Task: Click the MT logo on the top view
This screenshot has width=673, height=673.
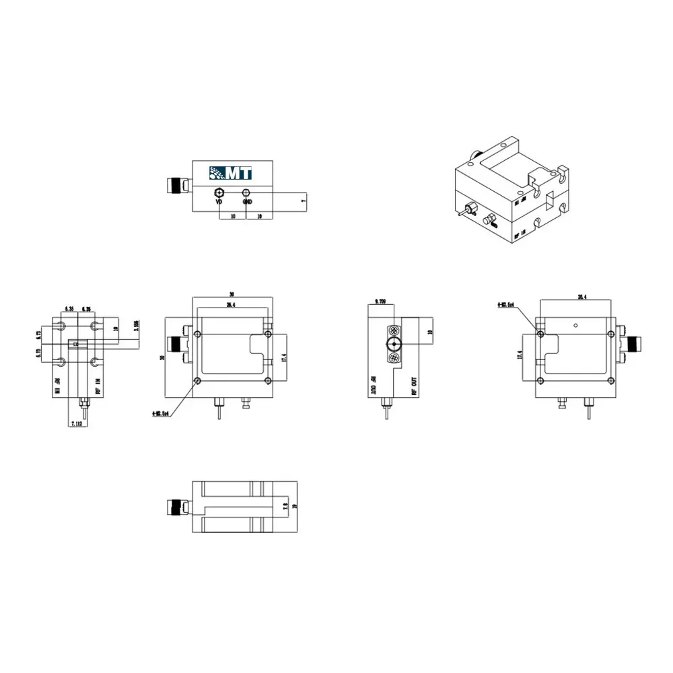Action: pos(230,172)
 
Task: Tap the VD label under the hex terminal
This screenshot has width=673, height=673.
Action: pos(219,202)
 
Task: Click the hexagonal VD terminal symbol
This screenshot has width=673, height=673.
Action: pos(219,192)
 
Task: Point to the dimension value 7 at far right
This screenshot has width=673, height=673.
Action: pos(304,201)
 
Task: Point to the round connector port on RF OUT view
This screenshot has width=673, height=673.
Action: pos(392,345)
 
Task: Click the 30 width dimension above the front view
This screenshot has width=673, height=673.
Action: pos(232,294)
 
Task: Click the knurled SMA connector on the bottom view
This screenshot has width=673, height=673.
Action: pos(178,506)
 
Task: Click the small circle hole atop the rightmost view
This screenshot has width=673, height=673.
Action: pos(576,325)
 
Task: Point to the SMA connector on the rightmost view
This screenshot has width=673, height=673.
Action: pos(633,345)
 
